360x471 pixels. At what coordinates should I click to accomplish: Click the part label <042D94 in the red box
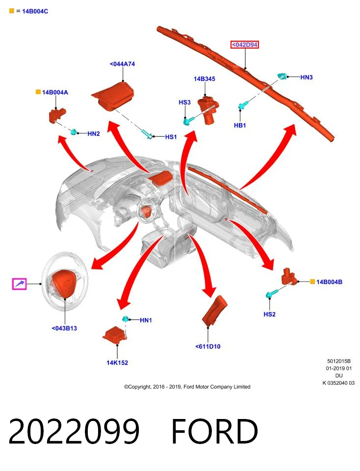245,45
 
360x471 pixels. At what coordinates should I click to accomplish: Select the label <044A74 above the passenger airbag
122,64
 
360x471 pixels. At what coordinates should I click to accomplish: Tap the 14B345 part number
205,78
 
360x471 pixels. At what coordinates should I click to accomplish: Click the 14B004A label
55,92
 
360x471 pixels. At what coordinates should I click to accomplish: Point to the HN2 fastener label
94,133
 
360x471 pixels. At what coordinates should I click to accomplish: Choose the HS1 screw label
171,137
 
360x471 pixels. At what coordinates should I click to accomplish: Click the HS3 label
184,103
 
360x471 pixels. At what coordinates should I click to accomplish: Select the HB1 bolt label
240,125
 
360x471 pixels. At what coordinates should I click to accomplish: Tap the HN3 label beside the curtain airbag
307,77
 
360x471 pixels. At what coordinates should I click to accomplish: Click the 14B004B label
330,282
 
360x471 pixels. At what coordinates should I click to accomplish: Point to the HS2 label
269,314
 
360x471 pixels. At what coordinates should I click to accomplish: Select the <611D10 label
208,346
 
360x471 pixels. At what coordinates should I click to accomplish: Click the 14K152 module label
117,363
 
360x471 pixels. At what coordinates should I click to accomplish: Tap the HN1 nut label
146,320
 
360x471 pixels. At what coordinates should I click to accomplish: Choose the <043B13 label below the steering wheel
64,328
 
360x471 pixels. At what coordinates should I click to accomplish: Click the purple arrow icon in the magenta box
20,284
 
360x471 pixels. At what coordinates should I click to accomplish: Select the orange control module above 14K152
115,334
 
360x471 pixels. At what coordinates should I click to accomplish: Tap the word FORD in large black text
215,431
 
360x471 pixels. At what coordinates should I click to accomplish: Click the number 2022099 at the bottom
74,431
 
